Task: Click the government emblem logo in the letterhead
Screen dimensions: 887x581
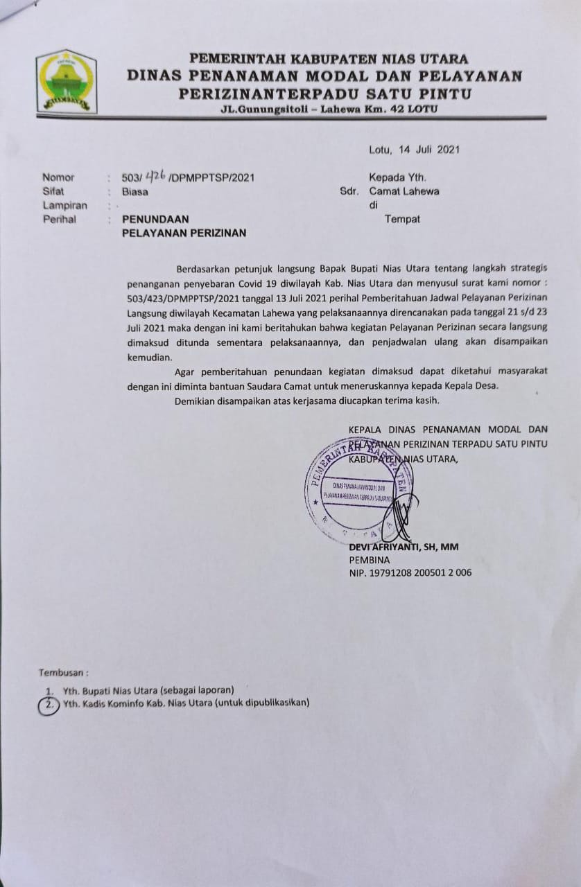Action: pyautogui.click(x=66, y=81)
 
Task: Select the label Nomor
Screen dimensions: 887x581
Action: pyautogui.click(x=58, y=177)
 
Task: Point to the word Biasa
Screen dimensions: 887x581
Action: pyautogui.click(x=135, y=191)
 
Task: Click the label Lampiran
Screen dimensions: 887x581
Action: pyautogui.click(x=64, y=205)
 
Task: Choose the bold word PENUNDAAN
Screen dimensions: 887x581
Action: pyautogui.click(x=155, y=219)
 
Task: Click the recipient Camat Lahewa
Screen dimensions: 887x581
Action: pyautogui.click(x=404, y=191)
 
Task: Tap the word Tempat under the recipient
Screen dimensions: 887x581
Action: pyautogui.click(x=402, y=219)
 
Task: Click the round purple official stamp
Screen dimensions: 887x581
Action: pyautogui.click(x=358, y=491)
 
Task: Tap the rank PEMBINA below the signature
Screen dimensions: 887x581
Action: pyautogui.click(x=370, y=560)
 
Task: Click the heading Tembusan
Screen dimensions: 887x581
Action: pyautogui.click(x=63, y=672)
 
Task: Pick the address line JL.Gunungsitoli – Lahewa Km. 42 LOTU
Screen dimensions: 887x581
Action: pyautogui.click(x=325, y=109)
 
